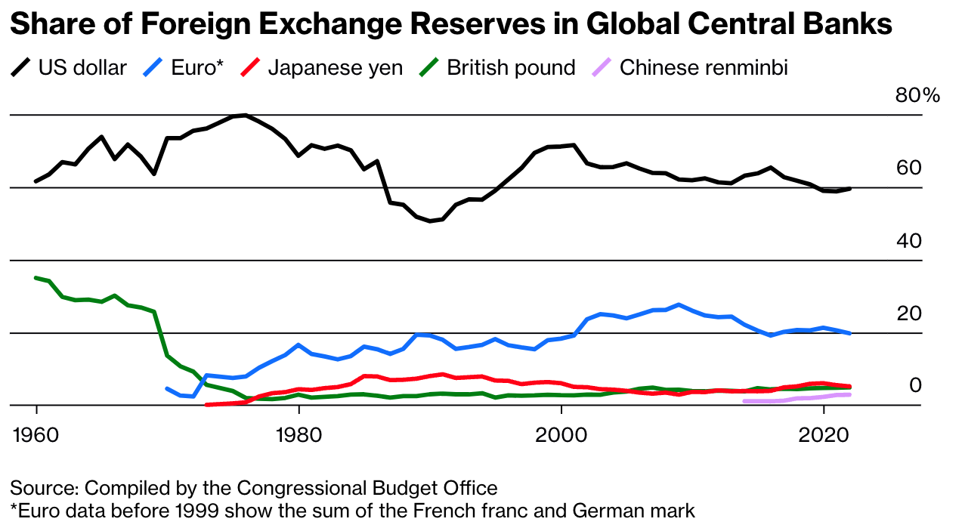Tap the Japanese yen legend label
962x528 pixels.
click(x=335, y=68)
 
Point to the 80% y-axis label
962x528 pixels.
click(x=917, y=96)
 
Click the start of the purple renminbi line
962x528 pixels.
click(x=744, y=401)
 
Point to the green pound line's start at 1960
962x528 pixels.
click(x=36, y=278)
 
